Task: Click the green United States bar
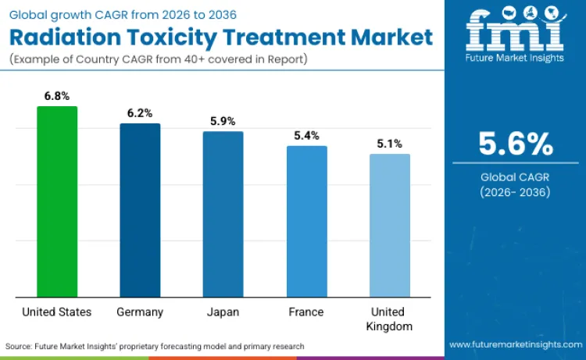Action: click(57, 201)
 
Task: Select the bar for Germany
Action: click(140, 210)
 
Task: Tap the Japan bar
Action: click(223, 214)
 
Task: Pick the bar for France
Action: click(306, 221)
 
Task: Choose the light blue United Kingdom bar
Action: click(389, 225)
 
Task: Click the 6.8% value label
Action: click(57, 95)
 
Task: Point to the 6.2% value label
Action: click(140, 113)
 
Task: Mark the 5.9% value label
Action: click(223, 121)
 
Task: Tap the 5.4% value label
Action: click(306, 135)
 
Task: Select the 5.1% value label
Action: click(389, 144)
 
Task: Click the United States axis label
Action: click(57, 312)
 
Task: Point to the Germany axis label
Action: click(140, 312)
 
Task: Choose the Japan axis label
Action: click(223, 312)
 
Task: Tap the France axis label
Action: click(306, 312)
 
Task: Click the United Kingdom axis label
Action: click(389, 319)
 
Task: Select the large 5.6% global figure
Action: click(516, 144)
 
